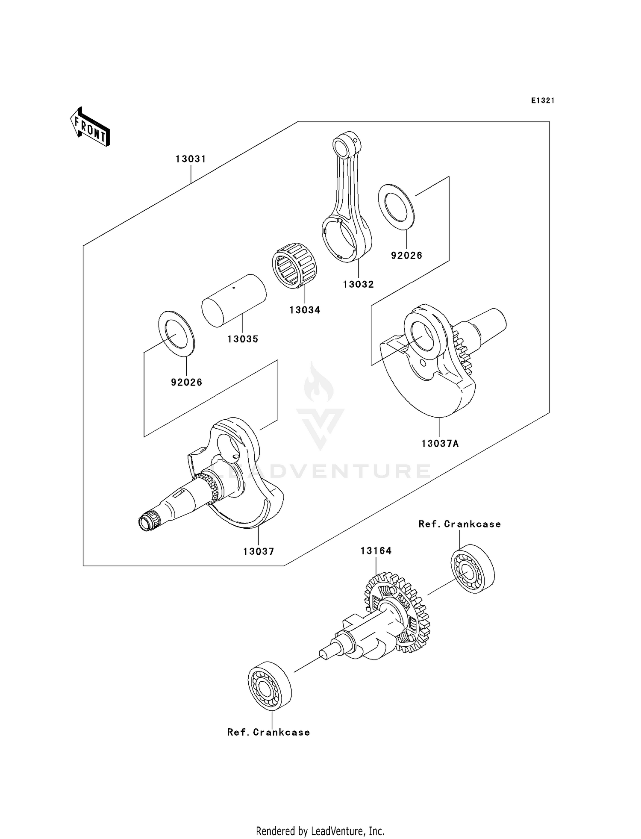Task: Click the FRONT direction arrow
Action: (90, 127)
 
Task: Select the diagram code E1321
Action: (543, 100)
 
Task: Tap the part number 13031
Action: (191, 159)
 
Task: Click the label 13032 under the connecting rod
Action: (358, 284)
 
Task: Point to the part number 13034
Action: (305, 310)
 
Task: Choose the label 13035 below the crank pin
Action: (243, 339)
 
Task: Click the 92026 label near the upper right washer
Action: (406, 256)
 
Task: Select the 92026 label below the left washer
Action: (186, 382)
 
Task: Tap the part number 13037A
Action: (440, 444)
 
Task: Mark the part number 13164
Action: (376, 551)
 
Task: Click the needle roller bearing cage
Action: (294, 265)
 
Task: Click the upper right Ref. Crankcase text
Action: (459, 524)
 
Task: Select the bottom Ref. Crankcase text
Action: (268, 732)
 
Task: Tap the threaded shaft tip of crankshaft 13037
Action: (147, 523)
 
